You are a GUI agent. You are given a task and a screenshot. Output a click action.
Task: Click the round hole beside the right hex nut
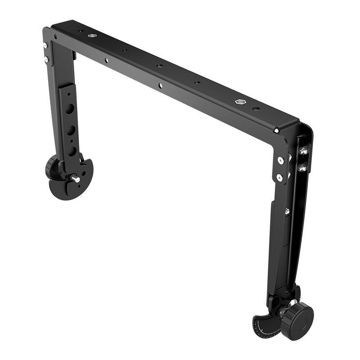point(256,108)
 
